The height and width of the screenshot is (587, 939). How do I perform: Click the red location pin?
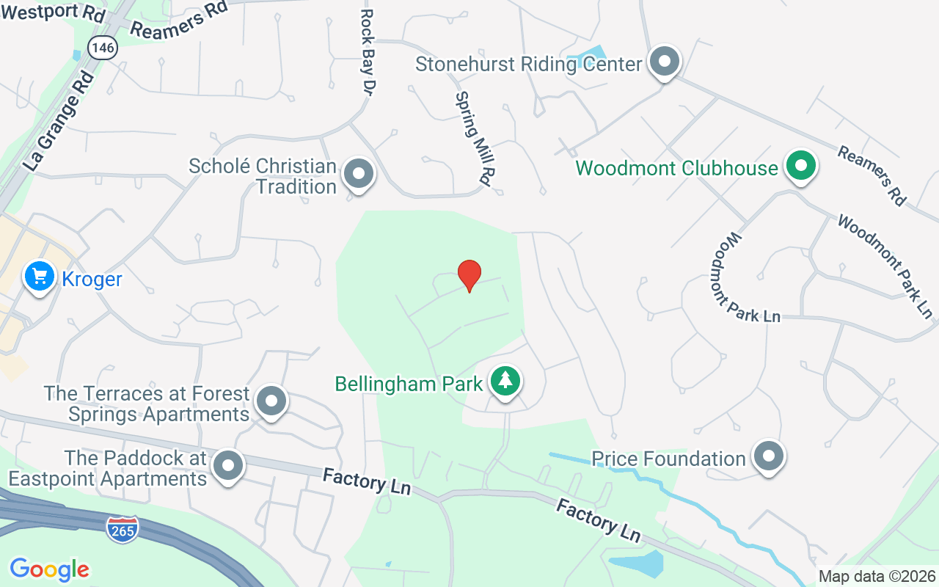coord(469,275)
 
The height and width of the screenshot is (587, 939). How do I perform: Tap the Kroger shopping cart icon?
coord(40,277)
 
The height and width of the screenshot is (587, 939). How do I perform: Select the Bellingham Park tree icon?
coord(505,381)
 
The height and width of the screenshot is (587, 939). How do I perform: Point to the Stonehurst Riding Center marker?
coord(665,62)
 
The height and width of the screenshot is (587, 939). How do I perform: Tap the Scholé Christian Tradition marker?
coord(359,174)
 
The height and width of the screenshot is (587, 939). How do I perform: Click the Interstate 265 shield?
coord(122,530)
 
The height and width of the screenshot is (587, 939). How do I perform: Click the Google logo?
coord(49,569)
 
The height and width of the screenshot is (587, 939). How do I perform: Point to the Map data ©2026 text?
coord(877,576)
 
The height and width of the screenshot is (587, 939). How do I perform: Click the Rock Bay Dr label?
coord(368,51)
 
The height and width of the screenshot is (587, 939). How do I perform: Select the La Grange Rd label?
coord(60,120)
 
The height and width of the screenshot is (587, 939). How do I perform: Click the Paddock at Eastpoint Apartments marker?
coord(227,464)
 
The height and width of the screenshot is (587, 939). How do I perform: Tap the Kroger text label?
coord(92,280)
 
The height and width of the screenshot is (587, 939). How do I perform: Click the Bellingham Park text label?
coord(409,384)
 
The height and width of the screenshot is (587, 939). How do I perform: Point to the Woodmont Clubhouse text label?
coord(676,168)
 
